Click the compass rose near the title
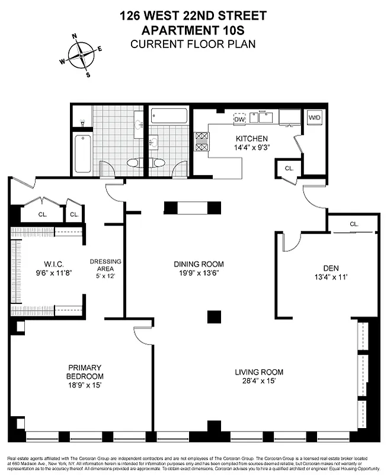coord(81,56)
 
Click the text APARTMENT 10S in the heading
coord(193,30)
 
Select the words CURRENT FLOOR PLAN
coord(193,44)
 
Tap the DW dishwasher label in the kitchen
coord(239,119)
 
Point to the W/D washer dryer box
coord(314,117)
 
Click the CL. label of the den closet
coord(354,224)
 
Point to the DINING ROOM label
coord(199,264)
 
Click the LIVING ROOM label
coord(259,372)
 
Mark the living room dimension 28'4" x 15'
coord(259,381)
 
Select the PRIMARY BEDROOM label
coord(85,372)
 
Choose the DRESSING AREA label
coord(105,265)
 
